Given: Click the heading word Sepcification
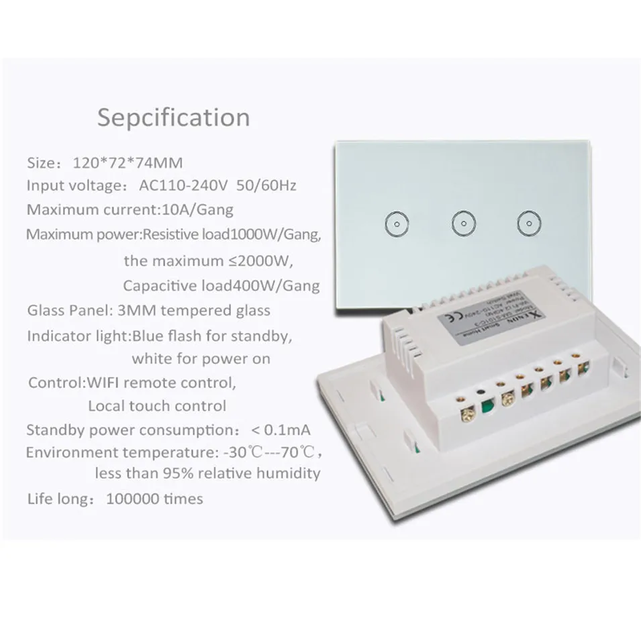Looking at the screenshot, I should [173, 117].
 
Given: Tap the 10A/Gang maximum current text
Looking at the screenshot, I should [198, 209].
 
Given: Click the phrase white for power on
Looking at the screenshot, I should [201, 358].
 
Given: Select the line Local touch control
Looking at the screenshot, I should [157, 405].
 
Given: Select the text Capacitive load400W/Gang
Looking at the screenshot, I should [221, 286].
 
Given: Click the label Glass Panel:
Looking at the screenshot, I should [64, 310].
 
